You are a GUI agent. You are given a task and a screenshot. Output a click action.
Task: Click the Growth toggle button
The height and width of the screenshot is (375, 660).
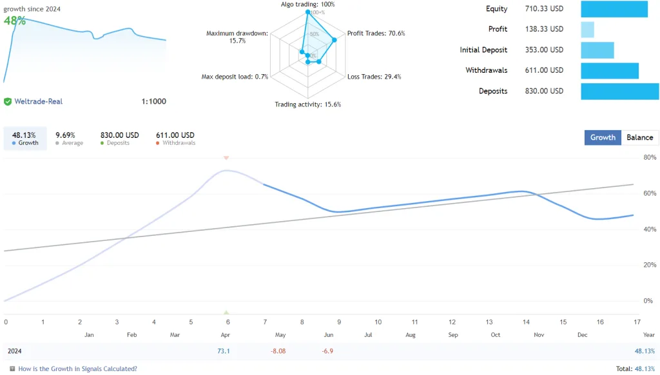coord(603,137)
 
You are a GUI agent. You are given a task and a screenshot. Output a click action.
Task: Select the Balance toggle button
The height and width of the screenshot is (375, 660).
coord(640,137)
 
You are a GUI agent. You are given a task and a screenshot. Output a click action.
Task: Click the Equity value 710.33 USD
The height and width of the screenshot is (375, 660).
coord(544,9)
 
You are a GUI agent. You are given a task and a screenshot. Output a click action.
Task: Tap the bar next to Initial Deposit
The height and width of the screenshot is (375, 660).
coord(597,50)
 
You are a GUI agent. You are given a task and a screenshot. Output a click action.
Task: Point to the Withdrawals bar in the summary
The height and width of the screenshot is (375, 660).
coord(609,71)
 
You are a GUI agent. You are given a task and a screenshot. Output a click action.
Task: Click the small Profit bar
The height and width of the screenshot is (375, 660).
coord(587,30)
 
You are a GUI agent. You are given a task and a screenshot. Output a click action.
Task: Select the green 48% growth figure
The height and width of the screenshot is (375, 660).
coord(15,21)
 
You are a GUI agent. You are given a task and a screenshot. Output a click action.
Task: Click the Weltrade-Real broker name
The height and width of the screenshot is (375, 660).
coord(38,101)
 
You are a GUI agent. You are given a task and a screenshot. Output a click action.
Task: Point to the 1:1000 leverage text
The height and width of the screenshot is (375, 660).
coord(153,101)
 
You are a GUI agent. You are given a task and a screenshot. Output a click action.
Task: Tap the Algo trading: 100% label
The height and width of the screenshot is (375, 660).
coord(307,5)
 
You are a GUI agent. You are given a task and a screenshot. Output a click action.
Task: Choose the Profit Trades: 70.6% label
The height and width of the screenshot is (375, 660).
coord(376,34)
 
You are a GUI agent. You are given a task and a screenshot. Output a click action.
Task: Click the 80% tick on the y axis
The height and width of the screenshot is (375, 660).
coord(649,157)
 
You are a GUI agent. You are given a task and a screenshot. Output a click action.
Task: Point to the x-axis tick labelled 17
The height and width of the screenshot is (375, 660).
coord(637,322)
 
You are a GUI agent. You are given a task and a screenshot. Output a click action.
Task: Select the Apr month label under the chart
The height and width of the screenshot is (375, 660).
coord(226,335)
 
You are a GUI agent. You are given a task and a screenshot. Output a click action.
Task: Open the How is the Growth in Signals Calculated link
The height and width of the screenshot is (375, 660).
coord(77,369)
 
